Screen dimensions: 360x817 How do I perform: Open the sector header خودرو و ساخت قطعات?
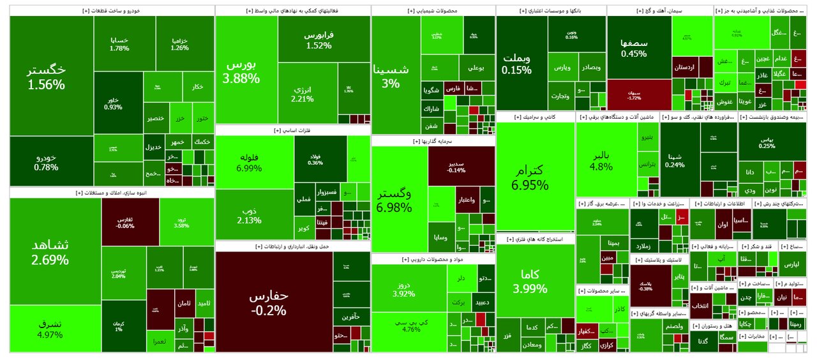coord(112,11)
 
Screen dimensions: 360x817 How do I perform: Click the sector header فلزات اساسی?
coord(293,130)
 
